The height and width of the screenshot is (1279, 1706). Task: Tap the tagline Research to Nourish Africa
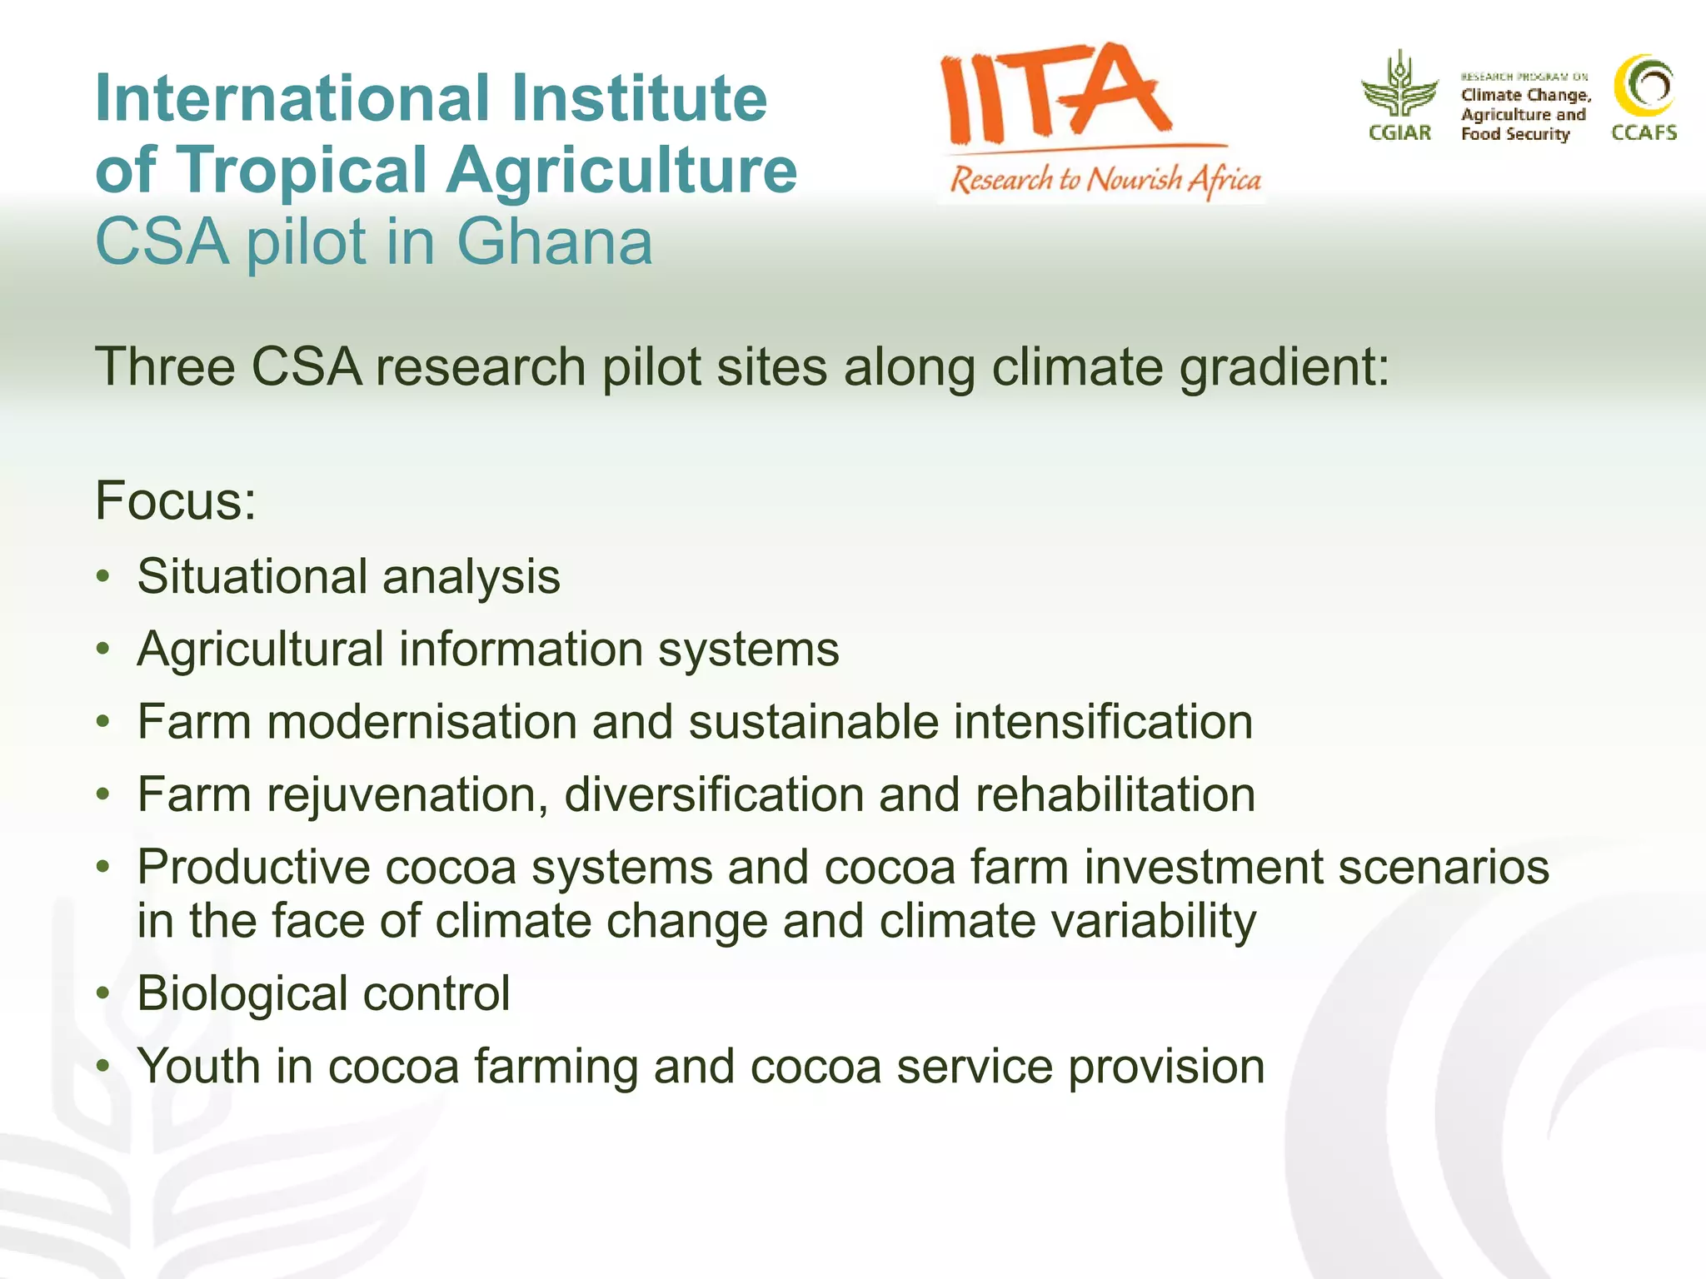(x=1105, y=179)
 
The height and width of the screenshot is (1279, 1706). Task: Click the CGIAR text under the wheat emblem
(x=1399, y=133)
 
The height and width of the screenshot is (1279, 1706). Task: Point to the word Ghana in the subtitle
(x=554, y=242)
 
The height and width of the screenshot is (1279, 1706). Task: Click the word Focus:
(x=176, y=500)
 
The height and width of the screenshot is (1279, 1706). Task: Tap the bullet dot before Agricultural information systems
(x=102, y=649)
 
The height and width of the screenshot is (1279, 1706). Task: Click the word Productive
(x=253, y=867)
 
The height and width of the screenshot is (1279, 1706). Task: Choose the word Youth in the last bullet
(x=198, y=1066)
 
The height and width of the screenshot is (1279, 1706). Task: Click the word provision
(x=1166, y=1067)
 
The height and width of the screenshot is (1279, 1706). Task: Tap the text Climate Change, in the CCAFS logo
(x=1525, y=95)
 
